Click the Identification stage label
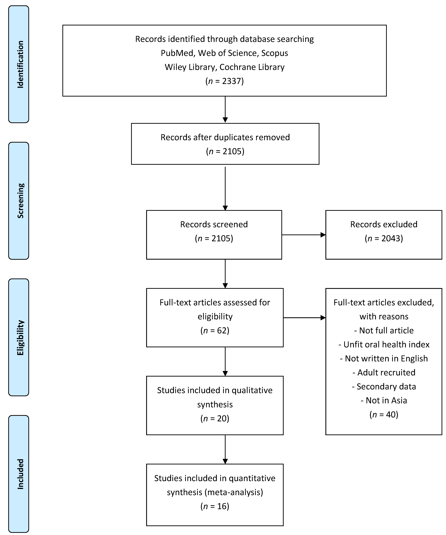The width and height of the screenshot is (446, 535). [20, 64]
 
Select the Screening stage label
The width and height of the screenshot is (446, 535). [20, 201]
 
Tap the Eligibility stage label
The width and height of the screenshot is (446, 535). [20, 338]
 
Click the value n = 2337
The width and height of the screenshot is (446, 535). [224, 81]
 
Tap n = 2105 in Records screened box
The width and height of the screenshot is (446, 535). [214, 238]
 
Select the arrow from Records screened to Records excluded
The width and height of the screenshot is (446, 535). [303, 235]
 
